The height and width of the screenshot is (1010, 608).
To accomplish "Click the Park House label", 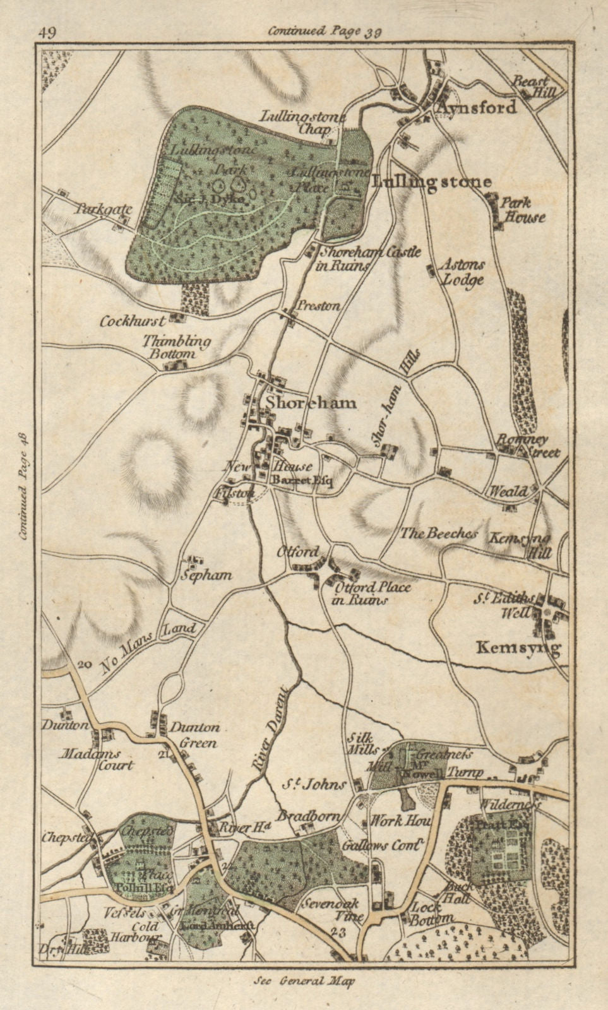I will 522,210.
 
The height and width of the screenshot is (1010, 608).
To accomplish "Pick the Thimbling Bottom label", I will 177,347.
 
